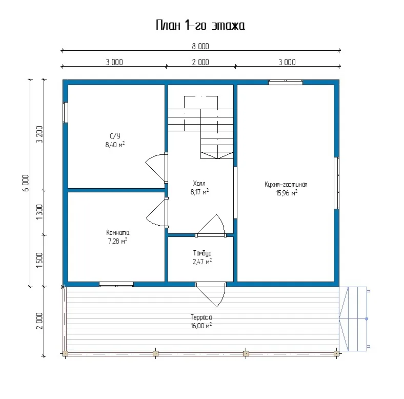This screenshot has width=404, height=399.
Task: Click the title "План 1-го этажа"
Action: tap(200, 25)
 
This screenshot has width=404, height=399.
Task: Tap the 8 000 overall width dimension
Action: tap(200, 46)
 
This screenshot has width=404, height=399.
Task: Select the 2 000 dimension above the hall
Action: tap(200, 62)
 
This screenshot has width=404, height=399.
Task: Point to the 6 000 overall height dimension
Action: tap(26, 183)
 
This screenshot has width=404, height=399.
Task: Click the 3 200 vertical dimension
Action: tap(39, 134)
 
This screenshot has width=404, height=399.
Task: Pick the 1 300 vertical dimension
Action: tap(39, 212)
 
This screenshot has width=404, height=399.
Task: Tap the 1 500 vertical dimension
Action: tap(39, 260)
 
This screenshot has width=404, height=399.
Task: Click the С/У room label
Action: tap(115, 136)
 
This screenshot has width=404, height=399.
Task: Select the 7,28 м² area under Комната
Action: tap(117, 241)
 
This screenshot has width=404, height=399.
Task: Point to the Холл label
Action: tap(199, 183)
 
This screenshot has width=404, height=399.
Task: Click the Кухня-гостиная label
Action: tap(286, 184)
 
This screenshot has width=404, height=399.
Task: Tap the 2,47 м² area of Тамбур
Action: tap(202, 262)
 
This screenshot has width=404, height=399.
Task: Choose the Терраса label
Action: tap(201, 317)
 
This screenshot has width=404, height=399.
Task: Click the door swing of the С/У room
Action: tap(155, 168)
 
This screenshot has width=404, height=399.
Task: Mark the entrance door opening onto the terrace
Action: tap(211, 294)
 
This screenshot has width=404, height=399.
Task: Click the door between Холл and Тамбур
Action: tap(211, 225)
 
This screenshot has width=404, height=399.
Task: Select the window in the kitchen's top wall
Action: tap(286, 82)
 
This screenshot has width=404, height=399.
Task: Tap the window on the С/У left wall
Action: tap(66, 112)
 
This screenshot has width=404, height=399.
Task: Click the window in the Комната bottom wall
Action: tap(116, 284)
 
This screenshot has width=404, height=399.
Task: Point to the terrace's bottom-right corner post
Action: tap(336, 354)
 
